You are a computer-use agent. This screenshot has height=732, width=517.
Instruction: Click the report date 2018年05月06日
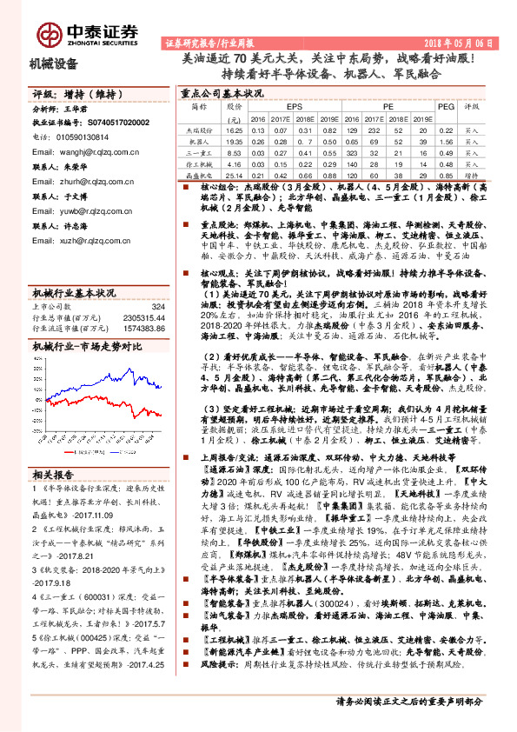tap(466, 42)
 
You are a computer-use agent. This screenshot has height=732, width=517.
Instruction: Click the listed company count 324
tap(157, 306)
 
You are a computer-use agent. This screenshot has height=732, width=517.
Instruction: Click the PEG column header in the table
tap(446, 105)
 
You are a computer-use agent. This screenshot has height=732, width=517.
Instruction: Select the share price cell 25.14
tap(232, 174)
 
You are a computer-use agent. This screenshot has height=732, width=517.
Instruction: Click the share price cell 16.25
tap(232, 129)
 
